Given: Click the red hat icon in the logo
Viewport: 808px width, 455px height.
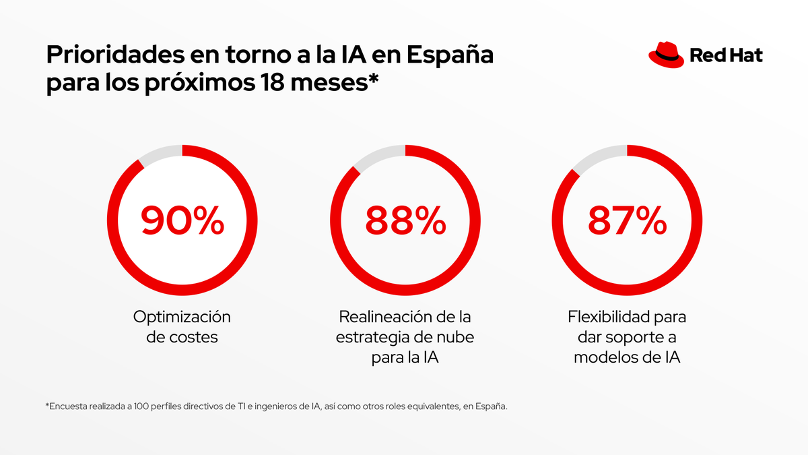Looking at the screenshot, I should coord(665,54).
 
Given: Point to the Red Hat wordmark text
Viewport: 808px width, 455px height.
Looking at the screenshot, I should coord(726,55).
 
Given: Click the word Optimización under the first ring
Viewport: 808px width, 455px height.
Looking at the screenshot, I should coord(182,316).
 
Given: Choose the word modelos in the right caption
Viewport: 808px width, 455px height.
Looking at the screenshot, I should coord(603,358).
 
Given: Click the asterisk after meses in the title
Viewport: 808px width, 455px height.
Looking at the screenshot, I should coord(374,81).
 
